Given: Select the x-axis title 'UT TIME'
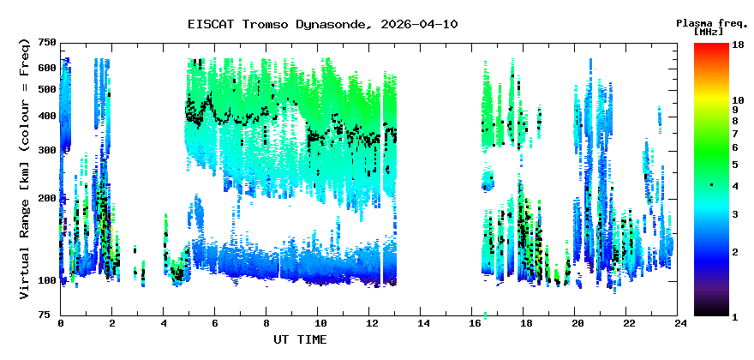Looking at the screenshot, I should click(x=299, y=339).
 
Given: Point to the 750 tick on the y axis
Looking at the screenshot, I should click(x=46, y=43).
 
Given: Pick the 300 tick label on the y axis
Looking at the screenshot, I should click(x=46, y=150).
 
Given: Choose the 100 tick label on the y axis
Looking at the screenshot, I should click(x=46, y=281).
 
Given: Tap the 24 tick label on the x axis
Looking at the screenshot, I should click(x=679, y=324).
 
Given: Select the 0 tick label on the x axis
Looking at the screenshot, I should click(x=61, y=324).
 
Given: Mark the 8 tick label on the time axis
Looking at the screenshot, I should click(x=266, y=324).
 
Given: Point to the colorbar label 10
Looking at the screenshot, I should click(x=736, y=100).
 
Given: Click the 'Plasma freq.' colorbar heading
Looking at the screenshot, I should click(x=710, y=22).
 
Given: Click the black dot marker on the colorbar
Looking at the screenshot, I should click(x=710, y=185).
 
